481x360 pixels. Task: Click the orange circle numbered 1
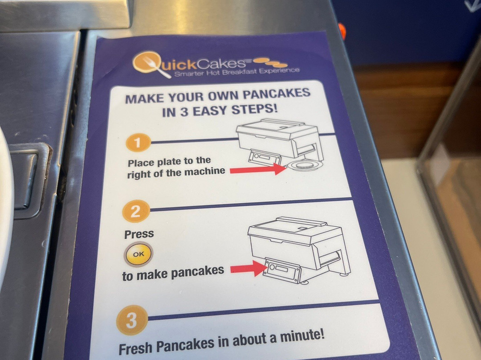(138, 143)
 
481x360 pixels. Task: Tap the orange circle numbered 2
(135, 211)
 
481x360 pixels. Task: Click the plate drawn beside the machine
(304, 166)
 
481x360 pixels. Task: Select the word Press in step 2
(139, 234)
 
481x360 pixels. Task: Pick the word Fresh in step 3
(135, 349)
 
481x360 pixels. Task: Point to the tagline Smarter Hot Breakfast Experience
(237, 72)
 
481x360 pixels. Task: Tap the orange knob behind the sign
(342, 31)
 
